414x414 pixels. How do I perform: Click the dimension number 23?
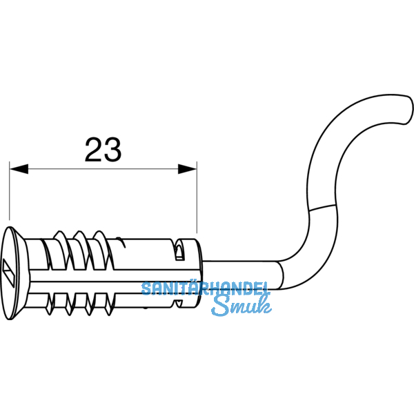pos(103,150)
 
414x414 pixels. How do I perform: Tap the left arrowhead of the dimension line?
pos(19,169)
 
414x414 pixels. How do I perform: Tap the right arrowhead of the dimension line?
pos(187,169)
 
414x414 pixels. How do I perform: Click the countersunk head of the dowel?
pos(15,273)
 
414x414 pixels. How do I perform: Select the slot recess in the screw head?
pos(8,273)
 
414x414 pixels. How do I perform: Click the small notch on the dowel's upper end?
pos(180,250)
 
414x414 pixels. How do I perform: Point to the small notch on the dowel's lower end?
pos(179,304)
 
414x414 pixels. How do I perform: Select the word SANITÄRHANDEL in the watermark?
pos(206,288)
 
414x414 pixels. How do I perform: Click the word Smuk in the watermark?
pos(241,306)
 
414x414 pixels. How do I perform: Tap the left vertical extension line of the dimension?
pos(10,190)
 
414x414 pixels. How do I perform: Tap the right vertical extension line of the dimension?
pos(197,197)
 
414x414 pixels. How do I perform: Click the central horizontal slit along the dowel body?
pos(115,275)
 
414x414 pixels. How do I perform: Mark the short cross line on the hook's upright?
pos(322,208)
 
